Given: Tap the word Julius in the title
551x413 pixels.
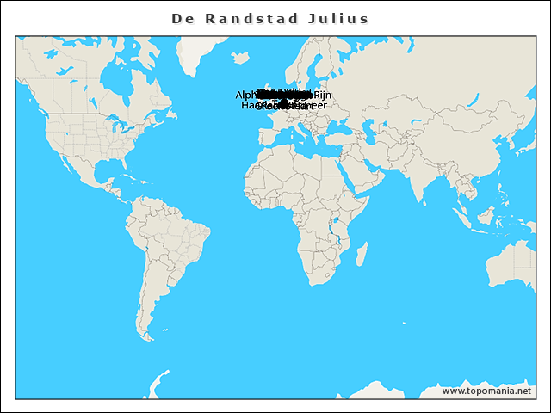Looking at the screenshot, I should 338,19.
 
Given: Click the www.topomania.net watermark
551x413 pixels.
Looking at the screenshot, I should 486,391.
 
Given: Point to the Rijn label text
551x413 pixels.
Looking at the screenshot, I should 322,95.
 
